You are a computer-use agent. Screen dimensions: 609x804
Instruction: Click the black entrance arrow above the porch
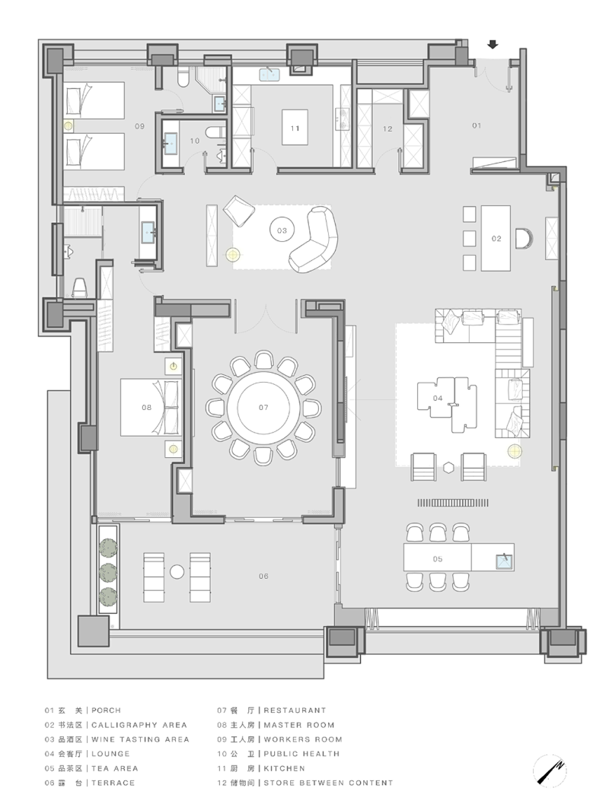tap(493, 45)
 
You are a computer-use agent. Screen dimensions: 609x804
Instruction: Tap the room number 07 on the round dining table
tap(263, 408)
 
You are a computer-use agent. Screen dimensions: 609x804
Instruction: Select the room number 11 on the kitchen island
tap(295, 129)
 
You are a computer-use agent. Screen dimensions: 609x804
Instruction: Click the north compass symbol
tap(550, 771)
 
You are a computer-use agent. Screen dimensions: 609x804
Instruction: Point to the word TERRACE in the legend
tap(113, 783)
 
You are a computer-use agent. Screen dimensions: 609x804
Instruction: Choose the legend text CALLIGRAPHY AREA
tap(139, 725)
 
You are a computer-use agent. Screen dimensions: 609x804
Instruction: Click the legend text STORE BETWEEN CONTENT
tap(328, 783)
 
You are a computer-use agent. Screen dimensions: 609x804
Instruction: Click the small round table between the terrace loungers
tap(177, 571)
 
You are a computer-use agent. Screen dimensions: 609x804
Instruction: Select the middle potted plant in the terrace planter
tap(108, 572)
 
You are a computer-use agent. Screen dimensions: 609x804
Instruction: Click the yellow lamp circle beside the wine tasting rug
tap(233, 253)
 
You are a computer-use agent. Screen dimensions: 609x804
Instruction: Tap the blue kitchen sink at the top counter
tap(269, 75)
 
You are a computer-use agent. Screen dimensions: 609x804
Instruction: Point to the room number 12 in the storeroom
tap(387, 129)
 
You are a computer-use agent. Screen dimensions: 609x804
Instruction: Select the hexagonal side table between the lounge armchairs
tap(449, 467)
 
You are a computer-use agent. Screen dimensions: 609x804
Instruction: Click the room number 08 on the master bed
tap(147, 408)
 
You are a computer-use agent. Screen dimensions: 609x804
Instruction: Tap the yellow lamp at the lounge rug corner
tap(514, 451)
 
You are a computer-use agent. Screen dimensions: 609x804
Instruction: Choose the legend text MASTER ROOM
tap(298, 725)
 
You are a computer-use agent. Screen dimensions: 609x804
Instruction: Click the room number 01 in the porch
tap(477, 126)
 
